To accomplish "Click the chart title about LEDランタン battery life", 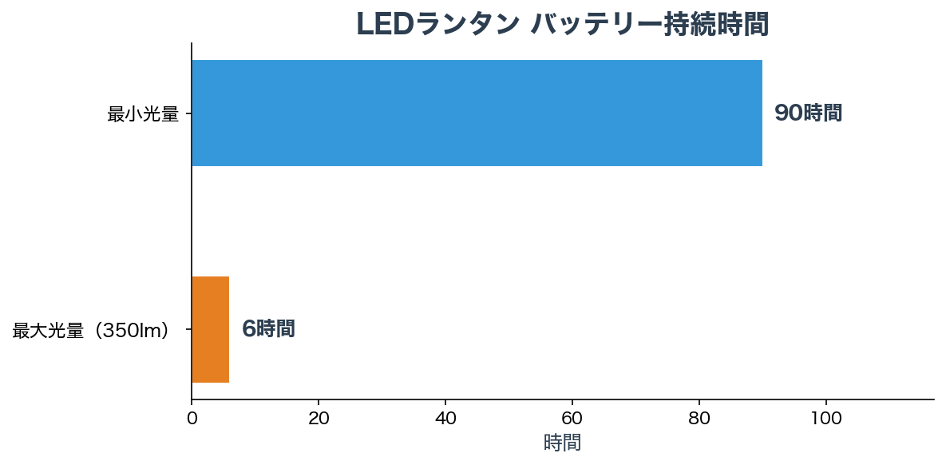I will pyautogui.click(x=562, y=25).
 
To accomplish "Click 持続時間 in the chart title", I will pyautogui.click(x=716, y=25).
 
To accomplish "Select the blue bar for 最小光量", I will pyautogui.click(x=477, y=113).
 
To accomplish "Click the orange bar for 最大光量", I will pyautogui.click(x=210, y=329).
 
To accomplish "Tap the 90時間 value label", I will pyautogui.click(x=808, y=113).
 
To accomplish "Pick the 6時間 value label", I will pyautogui.click(x=268, y=328).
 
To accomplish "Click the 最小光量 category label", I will pyautogui.click(x=142, y=114).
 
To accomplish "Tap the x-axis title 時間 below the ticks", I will pyautogui.click(x=562, y=443).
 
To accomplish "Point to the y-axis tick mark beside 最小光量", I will pyautogui.click(x=188, y=113).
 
